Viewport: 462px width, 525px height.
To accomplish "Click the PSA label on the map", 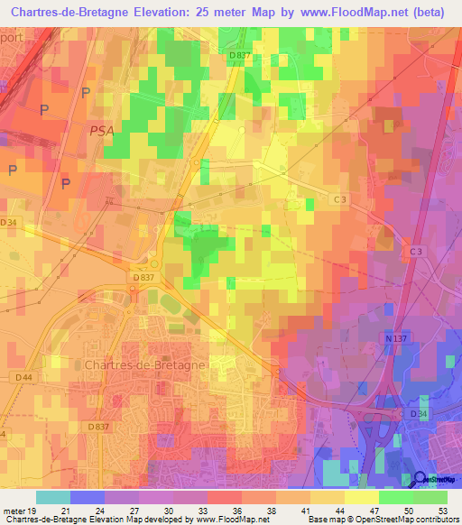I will click(x=102, y=131).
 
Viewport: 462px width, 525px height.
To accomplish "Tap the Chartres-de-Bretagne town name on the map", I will click(x=144, y=364).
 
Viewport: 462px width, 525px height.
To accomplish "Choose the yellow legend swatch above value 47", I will click(x=362, y=497).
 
